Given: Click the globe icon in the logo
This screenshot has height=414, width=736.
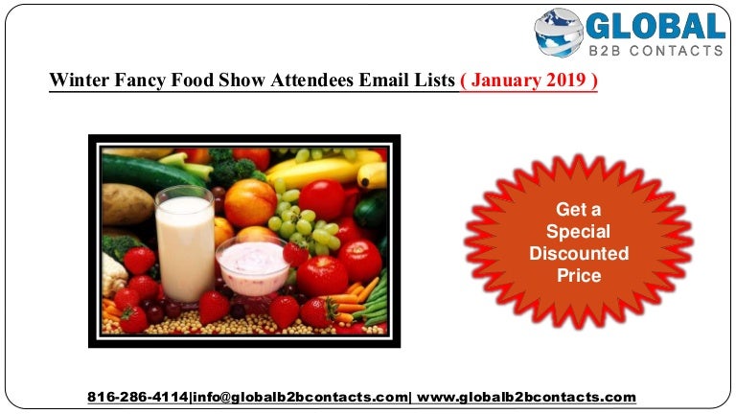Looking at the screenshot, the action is (559, 33).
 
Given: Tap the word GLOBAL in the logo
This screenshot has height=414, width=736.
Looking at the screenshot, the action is (655, 26).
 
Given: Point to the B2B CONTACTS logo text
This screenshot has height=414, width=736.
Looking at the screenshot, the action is (655, 50).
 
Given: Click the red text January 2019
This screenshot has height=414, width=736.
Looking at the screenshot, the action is (529, 80).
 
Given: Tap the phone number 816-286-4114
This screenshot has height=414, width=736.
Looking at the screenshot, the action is (138, 397).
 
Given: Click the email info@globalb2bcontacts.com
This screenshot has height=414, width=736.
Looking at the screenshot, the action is (300, 397).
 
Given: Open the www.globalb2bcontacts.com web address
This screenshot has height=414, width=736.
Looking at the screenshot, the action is (526, 397).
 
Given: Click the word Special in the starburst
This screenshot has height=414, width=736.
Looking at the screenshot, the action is (578, 231).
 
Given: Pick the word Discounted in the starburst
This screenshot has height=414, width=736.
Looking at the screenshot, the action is (579, 253).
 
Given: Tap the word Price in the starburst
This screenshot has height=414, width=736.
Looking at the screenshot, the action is (579, 276).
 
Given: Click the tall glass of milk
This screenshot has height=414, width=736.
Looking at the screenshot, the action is (184, 244).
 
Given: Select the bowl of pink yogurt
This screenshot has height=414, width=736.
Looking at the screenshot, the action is (253, 266).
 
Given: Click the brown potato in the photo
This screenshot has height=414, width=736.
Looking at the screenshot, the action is (126, 204).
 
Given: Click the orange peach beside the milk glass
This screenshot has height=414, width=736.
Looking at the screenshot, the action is (250, 203).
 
